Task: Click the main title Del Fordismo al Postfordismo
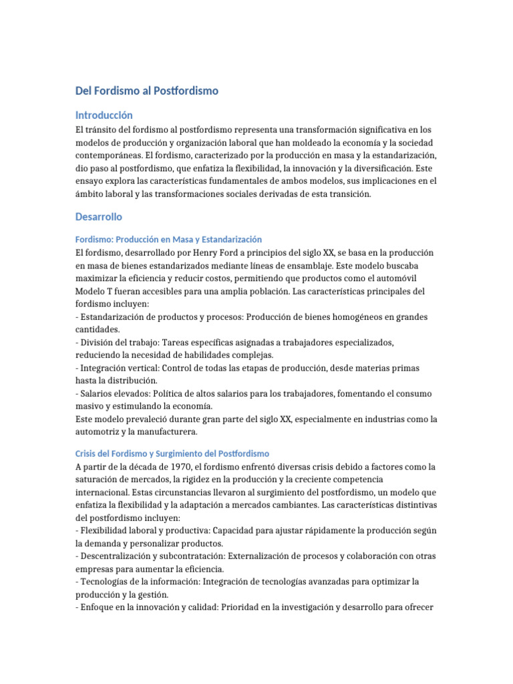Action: pos(147,90)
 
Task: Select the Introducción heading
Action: pos(104,115)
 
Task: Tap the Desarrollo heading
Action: pos(99,217)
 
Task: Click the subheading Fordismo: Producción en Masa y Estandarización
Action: pos(168,239)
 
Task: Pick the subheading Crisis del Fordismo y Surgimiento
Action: pos(172,434)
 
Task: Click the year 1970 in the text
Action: pos(184,466)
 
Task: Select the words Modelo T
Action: pos(96,291)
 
